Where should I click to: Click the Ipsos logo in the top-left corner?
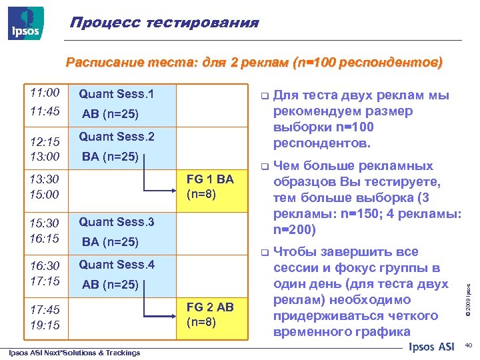click(x=26, y=23)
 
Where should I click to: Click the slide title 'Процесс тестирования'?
click(x=164, y=23)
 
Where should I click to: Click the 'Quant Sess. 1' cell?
click(x=116, y=95)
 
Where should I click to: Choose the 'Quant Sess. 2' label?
click(x=116, y=137)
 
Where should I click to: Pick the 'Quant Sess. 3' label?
click(x=116, y=222)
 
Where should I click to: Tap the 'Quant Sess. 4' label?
click(x=116, y=265)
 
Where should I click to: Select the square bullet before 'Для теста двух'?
click(x=263, y=96)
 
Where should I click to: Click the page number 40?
click(x=466, y=346)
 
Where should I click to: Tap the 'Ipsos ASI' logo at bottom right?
click(x=431, y=347)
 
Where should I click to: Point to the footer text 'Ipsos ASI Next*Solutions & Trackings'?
click(x=74, y=353)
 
